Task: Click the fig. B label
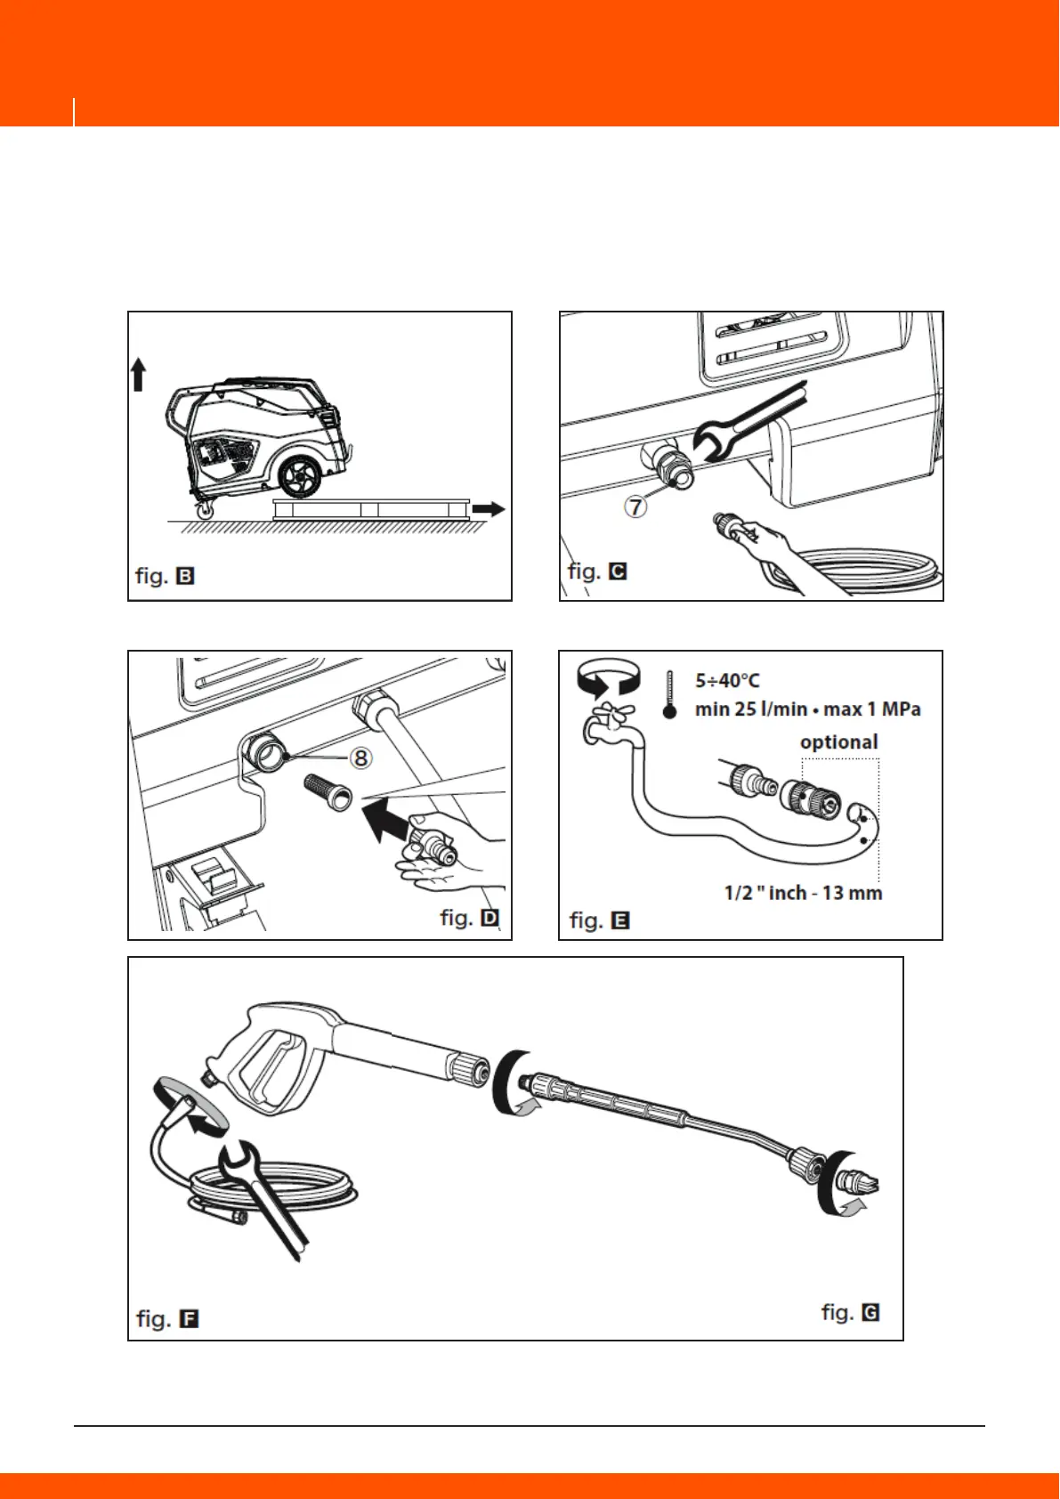165,576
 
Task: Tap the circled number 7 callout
634,506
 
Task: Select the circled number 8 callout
360,758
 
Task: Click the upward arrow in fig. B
138,374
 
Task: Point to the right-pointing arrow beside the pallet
488,509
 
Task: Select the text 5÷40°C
727,681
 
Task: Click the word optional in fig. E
838,742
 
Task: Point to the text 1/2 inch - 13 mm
803,893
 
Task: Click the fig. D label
469,918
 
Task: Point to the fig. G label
850,1312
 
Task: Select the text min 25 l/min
751,710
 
